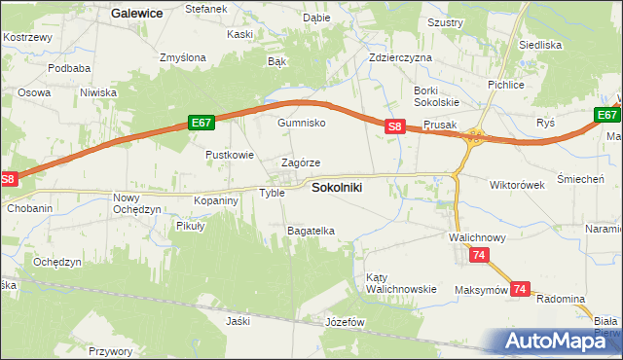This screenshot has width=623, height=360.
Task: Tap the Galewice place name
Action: [136, 14]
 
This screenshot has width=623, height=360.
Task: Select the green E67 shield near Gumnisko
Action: [202, 123]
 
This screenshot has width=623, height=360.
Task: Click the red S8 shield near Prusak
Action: [394, 126]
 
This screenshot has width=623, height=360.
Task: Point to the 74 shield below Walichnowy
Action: [478, 255]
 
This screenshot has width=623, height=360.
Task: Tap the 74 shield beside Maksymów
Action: [521, 289]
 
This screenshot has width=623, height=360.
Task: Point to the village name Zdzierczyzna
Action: [400, 57]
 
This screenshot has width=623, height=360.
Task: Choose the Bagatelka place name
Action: [311, 231]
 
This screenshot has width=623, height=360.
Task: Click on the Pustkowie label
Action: [230, 155]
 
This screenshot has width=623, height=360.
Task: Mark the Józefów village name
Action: [344, 321]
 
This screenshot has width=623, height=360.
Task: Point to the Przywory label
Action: [110, 351]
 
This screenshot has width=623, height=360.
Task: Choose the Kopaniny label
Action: [216, 199]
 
